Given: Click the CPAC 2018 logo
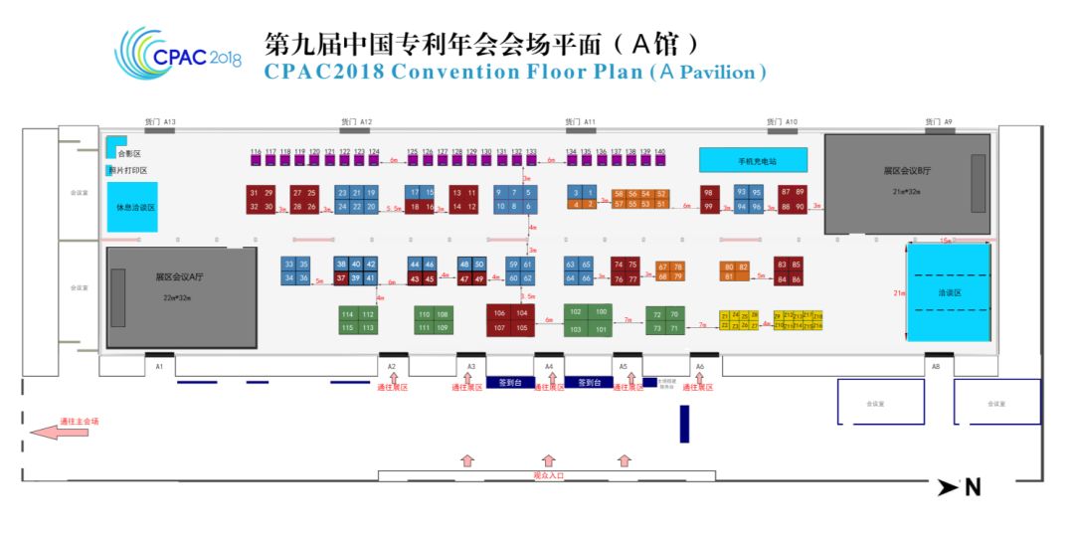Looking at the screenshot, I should pos(179,52).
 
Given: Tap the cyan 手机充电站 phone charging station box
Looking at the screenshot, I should pos(753,159).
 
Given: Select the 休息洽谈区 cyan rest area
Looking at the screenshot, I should pos(131,208).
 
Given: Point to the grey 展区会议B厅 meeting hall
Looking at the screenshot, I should pos(907,184).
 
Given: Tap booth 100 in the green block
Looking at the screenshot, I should pos(601,312).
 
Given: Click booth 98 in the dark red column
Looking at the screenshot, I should pos(708,192).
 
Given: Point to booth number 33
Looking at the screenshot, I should pos(289,264).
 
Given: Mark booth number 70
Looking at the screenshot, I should pos(673,314).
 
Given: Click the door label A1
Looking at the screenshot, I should pos(158,367).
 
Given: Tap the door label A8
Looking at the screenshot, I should pos(935,367).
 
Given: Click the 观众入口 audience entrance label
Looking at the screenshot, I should pos(548,476).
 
